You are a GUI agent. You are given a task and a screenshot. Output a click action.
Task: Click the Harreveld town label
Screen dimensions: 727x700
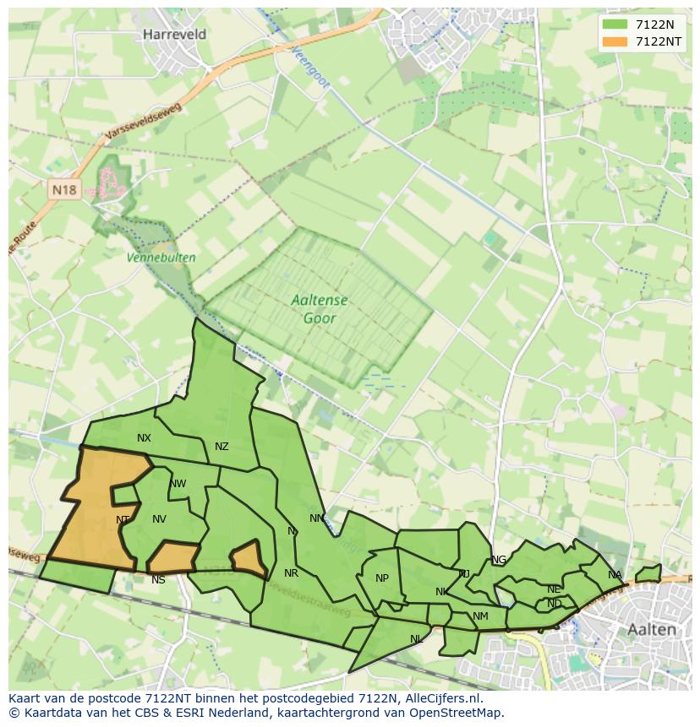(x=175, y=35)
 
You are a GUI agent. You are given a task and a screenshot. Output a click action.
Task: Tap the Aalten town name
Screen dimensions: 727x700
(x=652, y=629)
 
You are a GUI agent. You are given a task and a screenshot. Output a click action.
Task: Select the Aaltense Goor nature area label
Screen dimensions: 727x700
(x=319, y=309)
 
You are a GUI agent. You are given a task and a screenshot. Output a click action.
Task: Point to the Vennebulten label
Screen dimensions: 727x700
(x=161, y=258)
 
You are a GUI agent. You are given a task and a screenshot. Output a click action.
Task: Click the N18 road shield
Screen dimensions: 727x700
(x=64, y=190)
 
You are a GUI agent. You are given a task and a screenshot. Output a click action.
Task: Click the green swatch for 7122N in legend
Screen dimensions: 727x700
(x=615, y=24)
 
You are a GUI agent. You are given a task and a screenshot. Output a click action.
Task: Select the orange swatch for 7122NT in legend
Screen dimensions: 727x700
(x=615, y=41)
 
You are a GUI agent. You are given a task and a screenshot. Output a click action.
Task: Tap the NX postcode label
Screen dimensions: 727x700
(x=144, y=438)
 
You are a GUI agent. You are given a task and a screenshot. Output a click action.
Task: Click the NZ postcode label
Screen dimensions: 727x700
(x=221, y=447)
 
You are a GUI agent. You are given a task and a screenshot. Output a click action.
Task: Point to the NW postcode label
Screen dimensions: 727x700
(x=178, y=484)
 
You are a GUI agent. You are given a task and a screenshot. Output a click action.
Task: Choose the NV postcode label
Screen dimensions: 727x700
(x=159, y=519)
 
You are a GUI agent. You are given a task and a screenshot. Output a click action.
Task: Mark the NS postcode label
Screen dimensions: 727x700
(x=158, y=580)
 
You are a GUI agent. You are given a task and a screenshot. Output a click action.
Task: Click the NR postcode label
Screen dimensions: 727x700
(x=291, y=573)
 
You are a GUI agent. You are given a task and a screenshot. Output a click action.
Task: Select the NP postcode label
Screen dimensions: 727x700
(x=382, y=578)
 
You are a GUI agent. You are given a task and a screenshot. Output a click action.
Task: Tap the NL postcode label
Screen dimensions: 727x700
(x=416, y=639)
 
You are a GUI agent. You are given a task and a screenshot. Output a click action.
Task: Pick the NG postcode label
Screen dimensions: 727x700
(x=499, y=560)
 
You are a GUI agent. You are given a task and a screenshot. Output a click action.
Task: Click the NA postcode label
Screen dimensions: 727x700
(x=615, y=575)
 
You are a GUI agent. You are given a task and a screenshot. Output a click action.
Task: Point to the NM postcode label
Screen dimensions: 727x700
(x=480, y=616)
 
